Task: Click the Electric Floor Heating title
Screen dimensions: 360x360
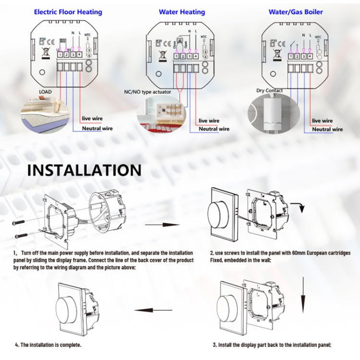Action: tap(68, 12)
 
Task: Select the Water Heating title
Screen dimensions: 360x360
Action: tap(182, 12)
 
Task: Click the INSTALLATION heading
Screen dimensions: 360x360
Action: tap(84, 170)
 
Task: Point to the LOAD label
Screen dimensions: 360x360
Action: tap(45, 92)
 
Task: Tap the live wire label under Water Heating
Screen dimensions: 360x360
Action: tap(209, 121)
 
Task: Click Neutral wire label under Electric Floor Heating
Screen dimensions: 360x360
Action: tap(97, 129)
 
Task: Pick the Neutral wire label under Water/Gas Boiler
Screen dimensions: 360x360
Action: tap(328, 129)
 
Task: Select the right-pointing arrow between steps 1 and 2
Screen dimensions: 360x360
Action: tap(162, 224)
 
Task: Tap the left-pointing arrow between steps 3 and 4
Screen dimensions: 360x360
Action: tap(146, 310)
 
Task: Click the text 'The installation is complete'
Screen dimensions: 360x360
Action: tap(48, 345)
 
